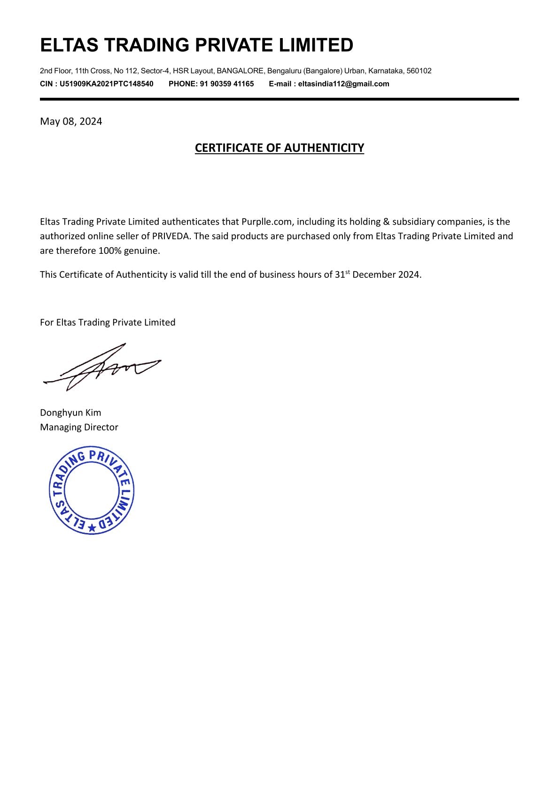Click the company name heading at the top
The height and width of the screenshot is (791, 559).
tap(196, 45)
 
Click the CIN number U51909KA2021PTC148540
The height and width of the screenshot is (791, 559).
tap(106, 84)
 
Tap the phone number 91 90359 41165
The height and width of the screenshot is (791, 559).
tap(227, 84)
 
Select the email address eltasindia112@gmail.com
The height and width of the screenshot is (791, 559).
tap(343, 84)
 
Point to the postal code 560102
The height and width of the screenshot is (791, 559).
tap(419, 71)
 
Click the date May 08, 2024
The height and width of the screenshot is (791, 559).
tap(71, 122)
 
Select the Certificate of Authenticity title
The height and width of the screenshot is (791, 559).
tap(279, 148)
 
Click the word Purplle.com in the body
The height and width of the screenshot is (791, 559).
tap(266, 222)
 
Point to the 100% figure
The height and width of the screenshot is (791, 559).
tap(110, 251)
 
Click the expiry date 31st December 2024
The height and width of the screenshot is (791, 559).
tap(378, 274)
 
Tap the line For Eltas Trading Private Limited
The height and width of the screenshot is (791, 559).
tap(108, 322)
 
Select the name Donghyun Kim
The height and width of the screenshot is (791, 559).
tap(70, 413)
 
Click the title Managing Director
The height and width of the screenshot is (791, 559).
tap(79, 427)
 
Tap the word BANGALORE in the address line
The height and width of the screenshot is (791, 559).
tap(240, 71)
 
